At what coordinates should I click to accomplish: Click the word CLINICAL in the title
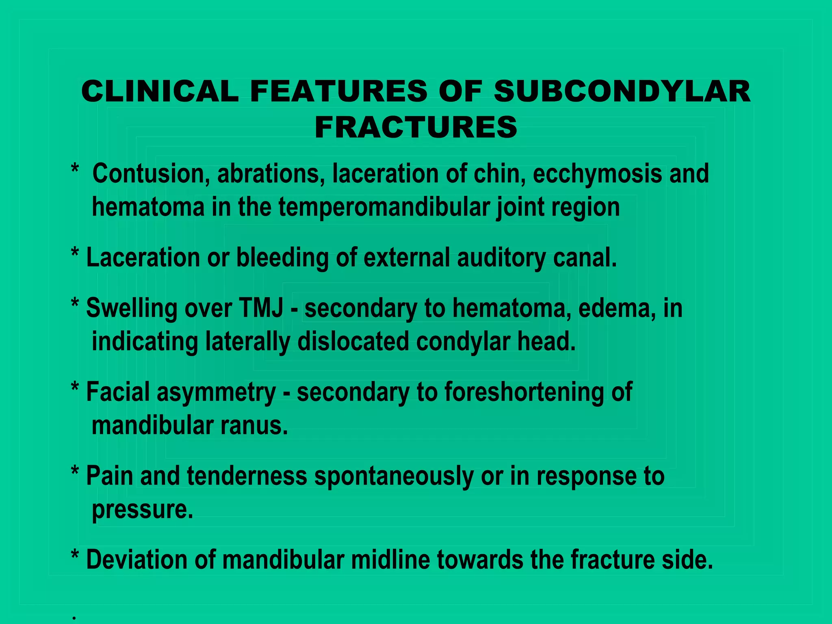click(160, 91)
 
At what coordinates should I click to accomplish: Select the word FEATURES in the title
click(338, 91)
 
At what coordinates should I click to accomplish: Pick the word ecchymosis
click(597, 174)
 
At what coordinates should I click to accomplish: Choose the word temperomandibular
click(384, 207)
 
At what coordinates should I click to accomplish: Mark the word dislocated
click(353, 341)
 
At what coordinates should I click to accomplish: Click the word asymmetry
click(216, 392)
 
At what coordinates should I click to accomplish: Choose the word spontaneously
click(394, 476)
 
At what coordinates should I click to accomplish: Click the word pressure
click(142, 510)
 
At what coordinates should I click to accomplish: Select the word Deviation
click(137, 559)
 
